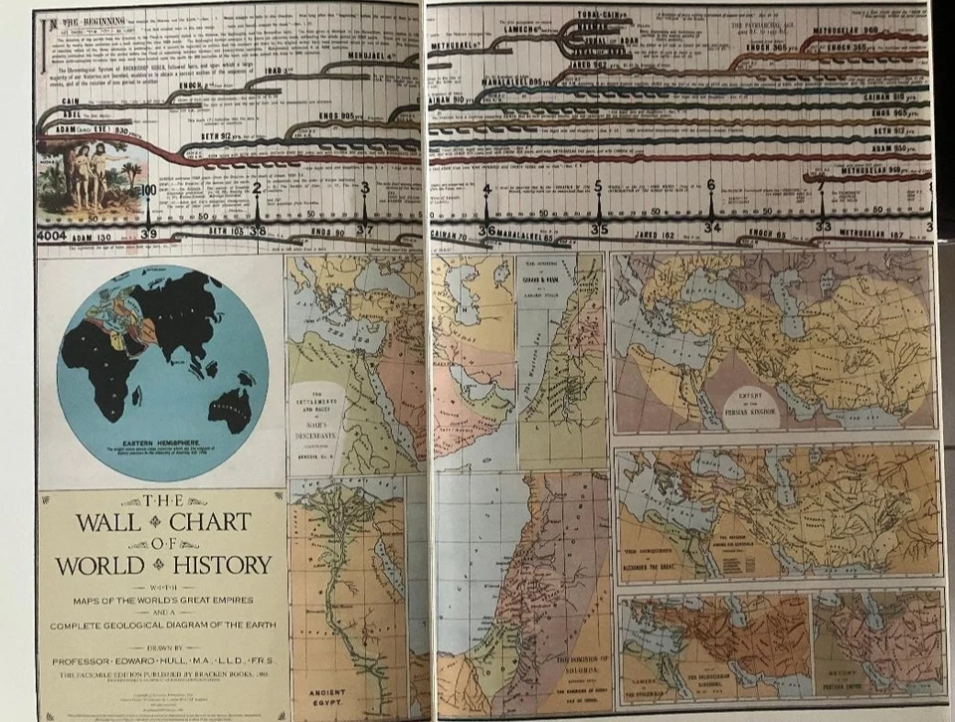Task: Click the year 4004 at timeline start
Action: (x=51, y=235)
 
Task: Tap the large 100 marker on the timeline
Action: (x=148, y=191)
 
